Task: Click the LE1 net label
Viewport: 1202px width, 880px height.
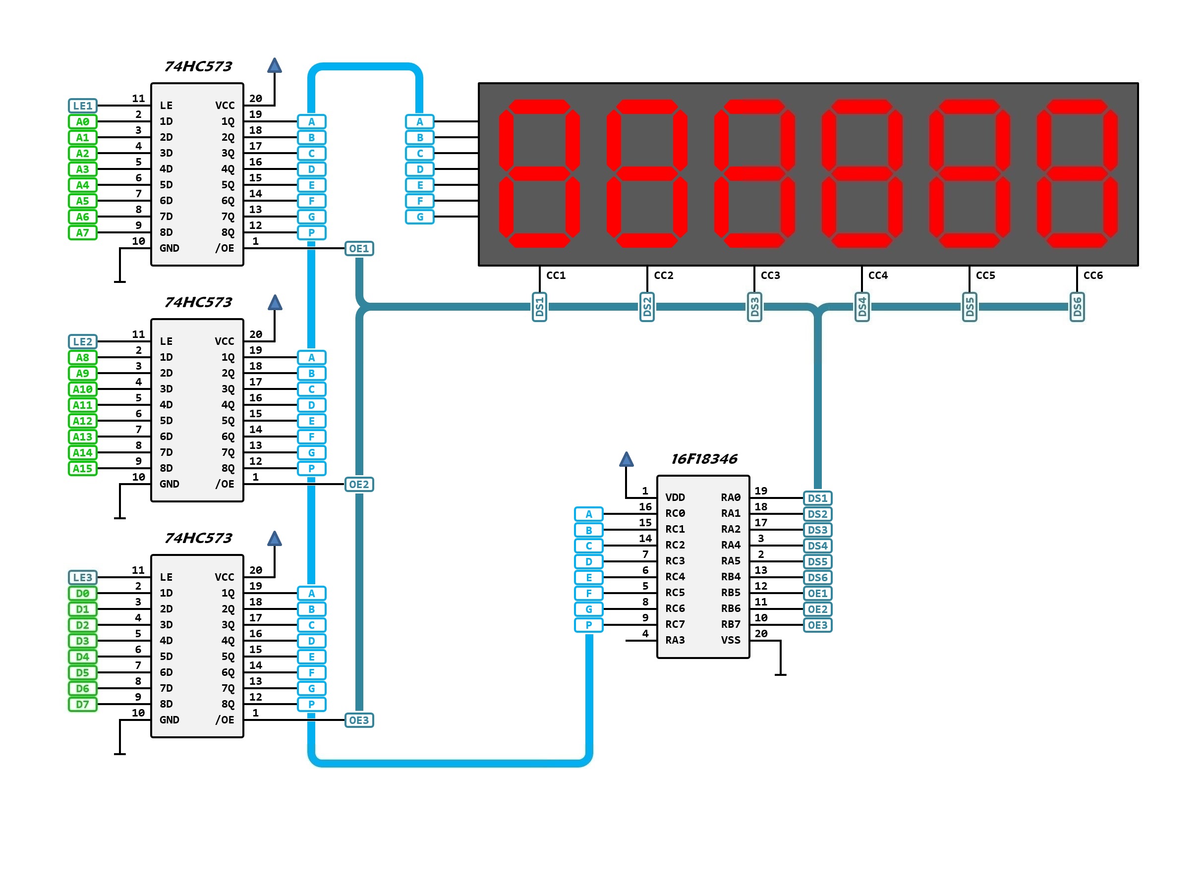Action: (x=83, y=106)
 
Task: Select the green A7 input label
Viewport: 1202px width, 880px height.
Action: (x=83, y=232)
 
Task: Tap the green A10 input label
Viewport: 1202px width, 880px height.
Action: (x=83, y=389)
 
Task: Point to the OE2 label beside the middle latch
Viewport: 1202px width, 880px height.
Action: (x=358, y=484)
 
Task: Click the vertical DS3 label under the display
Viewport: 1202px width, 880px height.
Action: (x=754, y=307)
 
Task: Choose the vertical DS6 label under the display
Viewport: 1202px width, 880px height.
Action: (x=1077, y=307)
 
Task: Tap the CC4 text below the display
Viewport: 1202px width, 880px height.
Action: (x=877, y=275)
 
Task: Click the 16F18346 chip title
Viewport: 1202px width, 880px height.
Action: (x=703, y=459)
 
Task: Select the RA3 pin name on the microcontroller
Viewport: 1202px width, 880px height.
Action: (x=675, y=640)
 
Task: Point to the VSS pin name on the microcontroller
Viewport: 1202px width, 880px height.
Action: (x=731, y=640)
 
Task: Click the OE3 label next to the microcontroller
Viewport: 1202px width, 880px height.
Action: (x=817, y=625)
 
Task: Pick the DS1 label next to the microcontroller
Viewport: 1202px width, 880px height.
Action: (x=817, y=498)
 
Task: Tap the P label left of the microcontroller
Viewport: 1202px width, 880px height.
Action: (x=588, y=625)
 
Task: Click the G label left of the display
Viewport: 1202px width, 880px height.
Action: (x=420, y=217)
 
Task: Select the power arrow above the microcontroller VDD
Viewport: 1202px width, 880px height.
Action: (x=626, y=459)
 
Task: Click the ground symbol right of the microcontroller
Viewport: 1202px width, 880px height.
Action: (x=780, y=674)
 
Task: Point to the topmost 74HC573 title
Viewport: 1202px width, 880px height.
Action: (x=198, y=66)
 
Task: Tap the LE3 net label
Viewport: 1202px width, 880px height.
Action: (x=83, y=577)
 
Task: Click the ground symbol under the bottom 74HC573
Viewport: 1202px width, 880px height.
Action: (x=120, y=753)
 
